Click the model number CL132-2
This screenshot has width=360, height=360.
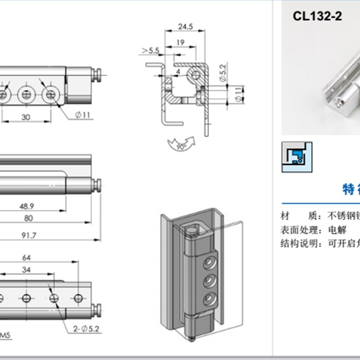coord(317,17)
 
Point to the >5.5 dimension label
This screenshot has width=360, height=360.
coord(150,51)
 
